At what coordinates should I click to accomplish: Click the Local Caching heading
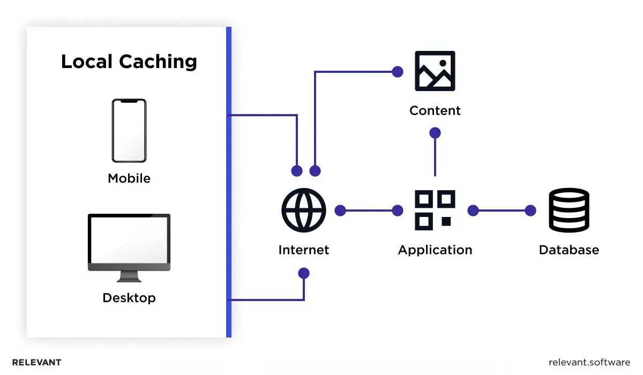pyautogui.click(x=129, y=62)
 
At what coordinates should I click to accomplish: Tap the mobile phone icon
pyautogui.click(x=129, y=130)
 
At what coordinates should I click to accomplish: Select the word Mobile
pyautogui.click(x=129, y=178)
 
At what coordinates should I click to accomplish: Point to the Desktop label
pyautogui.click(x=129, y=297)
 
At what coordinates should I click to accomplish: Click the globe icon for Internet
pyautogui.click(x=303, y=210)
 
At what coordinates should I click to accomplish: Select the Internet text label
pyautogui.click(x=303, y=250)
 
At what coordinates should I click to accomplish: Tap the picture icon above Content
pyautogui.click(x=435, y=71)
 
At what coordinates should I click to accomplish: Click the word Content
pyautogui.click(x=435, y=111)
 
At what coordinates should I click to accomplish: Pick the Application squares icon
pyautogui.click(x=435, y=209)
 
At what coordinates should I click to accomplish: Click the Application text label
pyautogui.click(x=435, y=250)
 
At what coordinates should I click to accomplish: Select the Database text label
pyautogui.click(x=569, y=250)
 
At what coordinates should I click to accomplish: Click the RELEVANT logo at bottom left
pyautogui.click(x=36, y=362)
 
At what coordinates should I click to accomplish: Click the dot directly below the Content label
pyautogui.click(x=435, y=132)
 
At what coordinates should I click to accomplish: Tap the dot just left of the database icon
pyautogui.click(x=530, y=211)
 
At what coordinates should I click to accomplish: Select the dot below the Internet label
pyautogui.click(x=304, y=273)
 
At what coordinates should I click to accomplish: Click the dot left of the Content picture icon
pyautogui.click(x=397, y=71)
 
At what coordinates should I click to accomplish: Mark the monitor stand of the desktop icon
pyautogui.click(x=129, y=276)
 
